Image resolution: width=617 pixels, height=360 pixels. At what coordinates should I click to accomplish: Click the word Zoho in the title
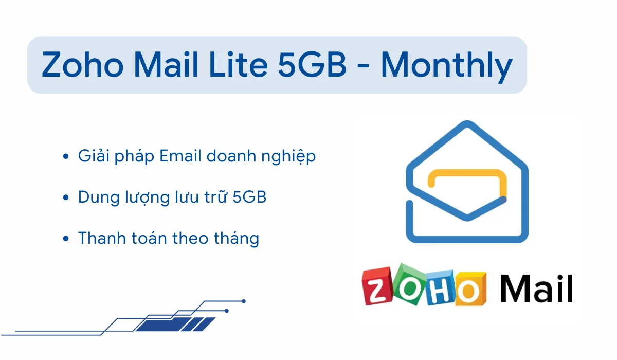pyautogui.click(x=82, y=64)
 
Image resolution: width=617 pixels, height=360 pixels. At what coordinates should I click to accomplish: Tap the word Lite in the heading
pyautogui.click(x=239, y=64)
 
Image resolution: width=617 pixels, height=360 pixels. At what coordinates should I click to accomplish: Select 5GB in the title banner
pyautogui.click(x=312, y=64)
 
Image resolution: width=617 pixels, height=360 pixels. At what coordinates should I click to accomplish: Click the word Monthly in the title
pyautogui.click(x=447, y=67)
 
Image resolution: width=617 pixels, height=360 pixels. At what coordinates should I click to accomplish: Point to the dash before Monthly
pyautogui.click(x=364, y=67)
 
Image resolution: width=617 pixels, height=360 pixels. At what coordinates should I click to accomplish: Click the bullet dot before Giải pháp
pyautogui.click(x=66, y=156)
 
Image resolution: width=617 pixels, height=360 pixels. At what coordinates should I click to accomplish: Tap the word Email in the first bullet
pyautogui.click(x=180, y=156)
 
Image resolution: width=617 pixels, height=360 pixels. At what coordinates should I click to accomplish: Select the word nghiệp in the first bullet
pyautogui.click(x=288, y=156)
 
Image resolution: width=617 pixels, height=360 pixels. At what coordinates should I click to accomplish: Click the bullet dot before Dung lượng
pyautogui.click(x=66, y=197)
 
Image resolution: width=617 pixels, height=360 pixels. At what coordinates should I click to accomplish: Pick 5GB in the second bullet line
pyautogui.click(x=249, y=197)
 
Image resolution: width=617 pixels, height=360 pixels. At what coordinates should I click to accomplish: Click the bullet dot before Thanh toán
pyautogui.click(x=66, y=238)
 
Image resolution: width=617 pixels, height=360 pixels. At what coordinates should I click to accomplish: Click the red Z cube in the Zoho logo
pyautogui.click(x=377, y=286)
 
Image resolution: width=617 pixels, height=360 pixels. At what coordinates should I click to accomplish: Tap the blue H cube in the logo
pyautogui.click(x=440, y=287)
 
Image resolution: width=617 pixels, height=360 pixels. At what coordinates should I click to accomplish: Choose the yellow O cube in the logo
pyautogui.click(x=470, y=289)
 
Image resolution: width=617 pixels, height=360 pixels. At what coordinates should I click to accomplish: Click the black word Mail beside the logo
pyautogui.click(x=537, y=288)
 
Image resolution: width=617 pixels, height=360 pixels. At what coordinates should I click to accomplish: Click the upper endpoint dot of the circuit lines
pyautogui.click(x=244, y=301)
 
